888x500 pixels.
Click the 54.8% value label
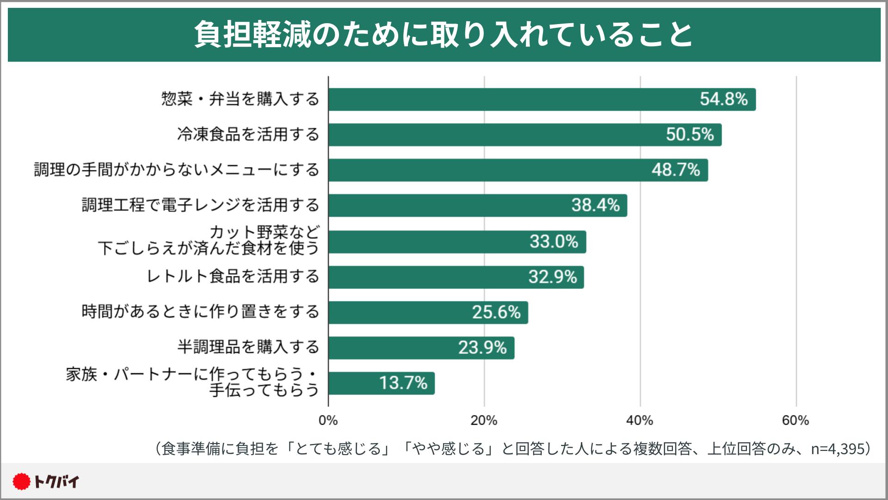click(723, 99)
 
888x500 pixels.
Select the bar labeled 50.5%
click(525, 135)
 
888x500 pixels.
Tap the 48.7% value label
click(676, 170)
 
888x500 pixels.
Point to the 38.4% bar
click(478, 206)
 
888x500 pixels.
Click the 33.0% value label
click(554, 242)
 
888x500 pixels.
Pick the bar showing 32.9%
click(456, 277)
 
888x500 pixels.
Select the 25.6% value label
click(496, 312)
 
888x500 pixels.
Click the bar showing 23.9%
click(421, 348)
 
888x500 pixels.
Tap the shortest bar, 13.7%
click(382, 383)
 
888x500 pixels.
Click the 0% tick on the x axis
click(328, 421)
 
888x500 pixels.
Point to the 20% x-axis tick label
click(484, 421)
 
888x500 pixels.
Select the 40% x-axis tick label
click(640, 421)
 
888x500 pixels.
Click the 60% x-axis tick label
click(795, 421)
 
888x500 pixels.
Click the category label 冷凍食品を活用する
click(248, 135)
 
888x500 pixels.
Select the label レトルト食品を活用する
click(233, 276)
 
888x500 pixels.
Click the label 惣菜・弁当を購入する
click(240, 99)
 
